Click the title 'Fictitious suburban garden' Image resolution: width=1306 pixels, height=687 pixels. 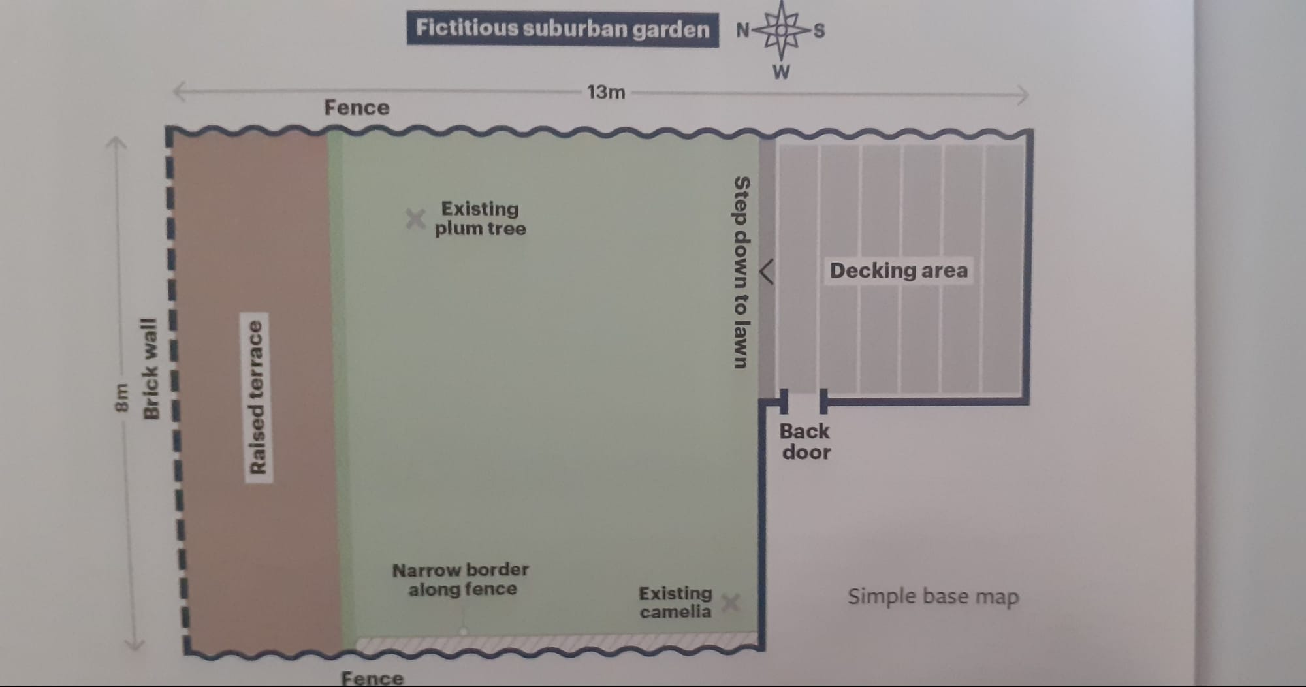562,29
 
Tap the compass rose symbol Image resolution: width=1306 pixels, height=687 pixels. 781,30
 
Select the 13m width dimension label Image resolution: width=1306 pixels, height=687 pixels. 606,92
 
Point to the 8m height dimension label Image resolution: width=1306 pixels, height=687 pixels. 121,398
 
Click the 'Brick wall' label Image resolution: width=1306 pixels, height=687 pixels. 150,369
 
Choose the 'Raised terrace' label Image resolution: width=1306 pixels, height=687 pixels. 258,397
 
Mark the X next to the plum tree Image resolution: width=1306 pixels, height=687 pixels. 415,219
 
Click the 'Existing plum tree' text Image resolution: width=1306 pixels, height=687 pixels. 481,219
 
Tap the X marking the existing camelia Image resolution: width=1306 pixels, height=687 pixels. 731,603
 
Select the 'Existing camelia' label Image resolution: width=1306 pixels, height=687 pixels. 675,603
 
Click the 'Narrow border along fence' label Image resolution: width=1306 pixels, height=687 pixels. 461,579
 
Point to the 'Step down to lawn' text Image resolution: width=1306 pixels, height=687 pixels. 741,272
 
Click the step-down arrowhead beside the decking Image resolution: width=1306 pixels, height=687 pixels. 767,272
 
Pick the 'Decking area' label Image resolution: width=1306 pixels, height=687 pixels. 899,270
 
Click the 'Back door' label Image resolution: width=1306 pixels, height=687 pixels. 805,441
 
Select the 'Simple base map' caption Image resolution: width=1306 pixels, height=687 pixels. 933,597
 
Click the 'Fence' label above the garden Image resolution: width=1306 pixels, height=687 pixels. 357,108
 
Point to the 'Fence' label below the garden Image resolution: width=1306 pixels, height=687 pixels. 372,678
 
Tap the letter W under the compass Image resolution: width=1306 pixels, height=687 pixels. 781,72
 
